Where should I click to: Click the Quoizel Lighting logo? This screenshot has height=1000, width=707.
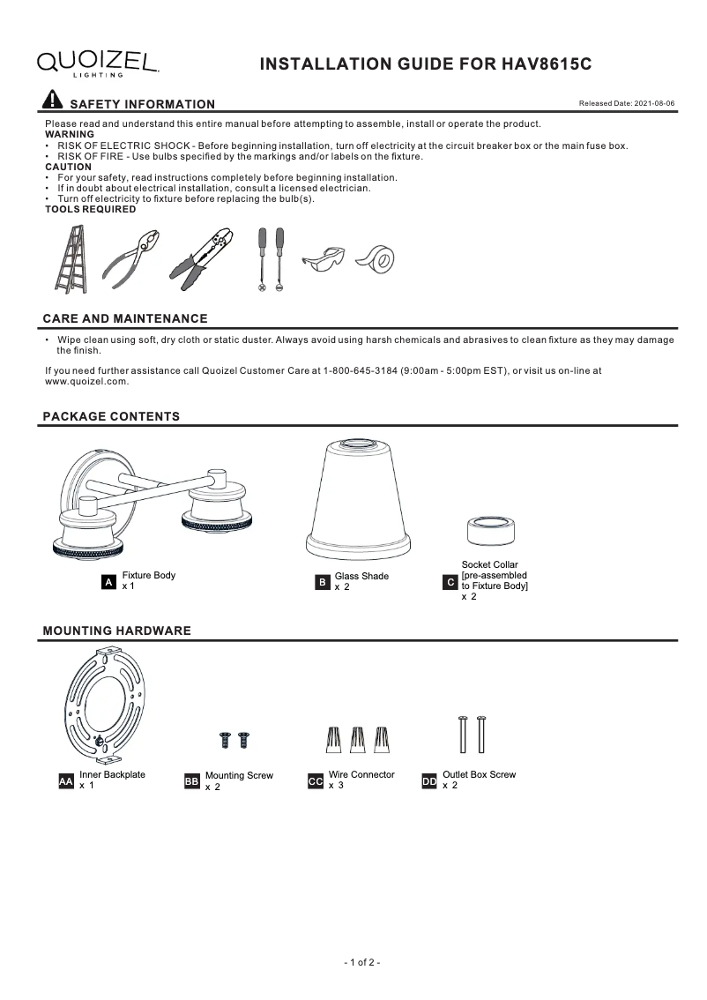click(x=97, y=63)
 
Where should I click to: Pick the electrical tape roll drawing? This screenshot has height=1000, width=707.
click(x=377, y=259)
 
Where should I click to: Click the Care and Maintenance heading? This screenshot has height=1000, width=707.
click(x=125, y=318)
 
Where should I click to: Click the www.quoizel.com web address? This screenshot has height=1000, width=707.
click(x=87, y=382)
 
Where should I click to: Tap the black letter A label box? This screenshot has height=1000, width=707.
click(x=108, y=582)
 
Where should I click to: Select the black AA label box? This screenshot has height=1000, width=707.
click(x=65, y=781)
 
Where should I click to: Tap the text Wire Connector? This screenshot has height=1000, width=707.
click(x=361, y=775)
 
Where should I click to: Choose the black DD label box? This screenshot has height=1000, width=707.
click(x=429, y=781)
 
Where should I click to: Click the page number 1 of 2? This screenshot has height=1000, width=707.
click(x=361, y=962)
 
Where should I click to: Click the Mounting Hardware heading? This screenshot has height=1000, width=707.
click(x=117, y=631)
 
